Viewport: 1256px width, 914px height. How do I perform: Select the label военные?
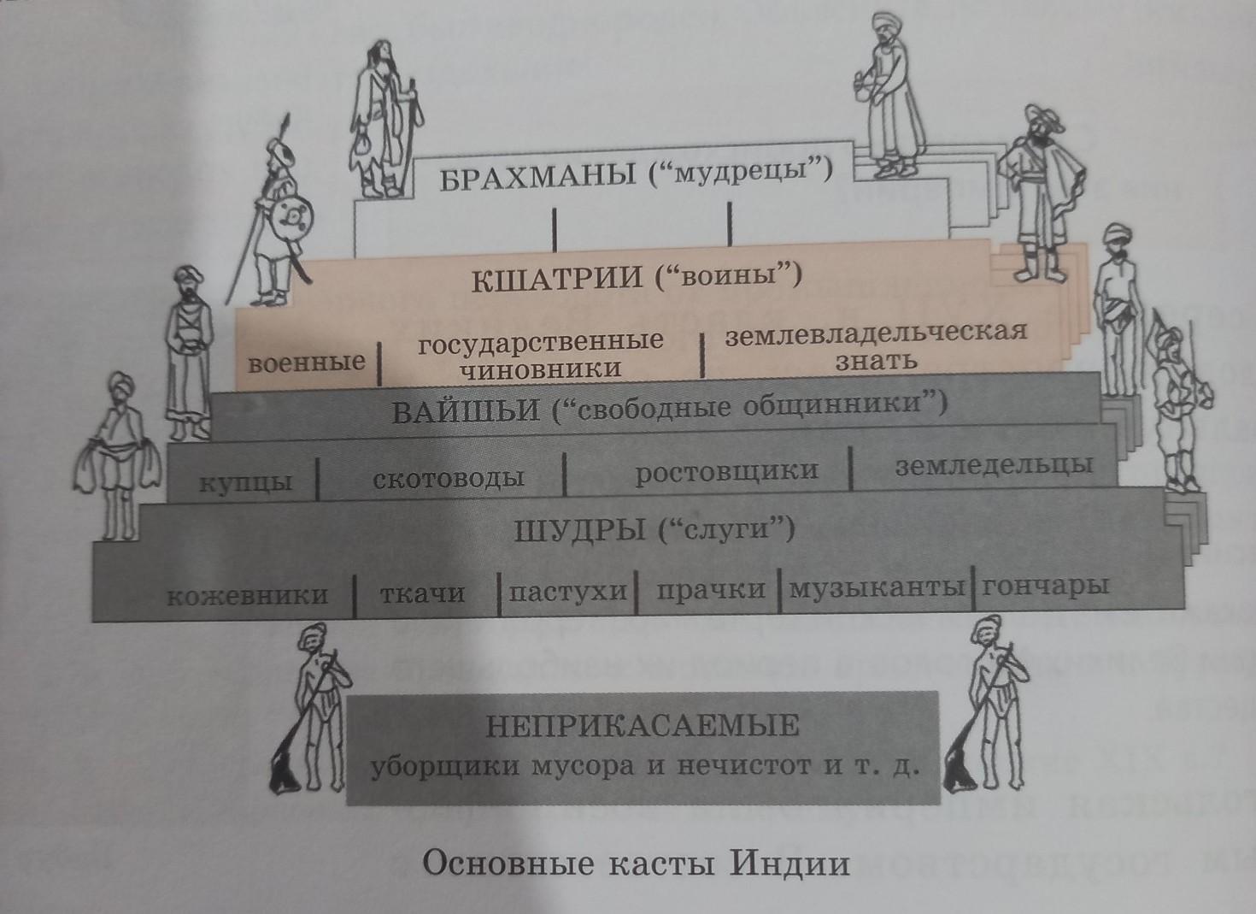306,363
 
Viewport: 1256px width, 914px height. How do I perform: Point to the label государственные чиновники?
541,355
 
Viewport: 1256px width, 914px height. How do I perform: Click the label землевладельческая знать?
876,345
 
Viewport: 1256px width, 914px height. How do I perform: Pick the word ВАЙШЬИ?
467,411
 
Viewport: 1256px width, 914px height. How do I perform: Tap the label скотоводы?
448,478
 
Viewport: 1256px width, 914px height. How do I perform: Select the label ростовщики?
726,471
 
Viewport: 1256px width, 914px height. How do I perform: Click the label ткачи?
422,593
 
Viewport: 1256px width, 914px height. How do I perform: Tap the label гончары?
1046,587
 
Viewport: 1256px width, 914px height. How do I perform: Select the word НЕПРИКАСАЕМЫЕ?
643,727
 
